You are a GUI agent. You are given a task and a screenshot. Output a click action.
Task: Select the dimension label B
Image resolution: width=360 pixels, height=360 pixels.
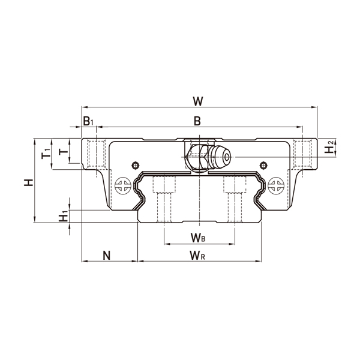197,121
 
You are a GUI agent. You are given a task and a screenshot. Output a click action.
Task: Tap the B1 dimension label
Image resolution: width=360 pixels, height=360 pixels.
88,121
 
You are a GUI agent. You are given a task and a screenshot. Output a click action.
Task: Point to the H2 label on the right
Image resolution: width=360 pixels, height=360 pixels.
329,148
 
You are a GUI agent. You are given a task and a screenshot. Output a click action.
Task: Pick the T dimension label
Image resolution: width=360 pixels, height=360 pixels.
63,151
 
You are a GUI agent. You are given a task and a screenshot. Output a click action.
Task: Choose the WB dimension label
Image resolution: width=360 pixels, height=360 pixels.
198,239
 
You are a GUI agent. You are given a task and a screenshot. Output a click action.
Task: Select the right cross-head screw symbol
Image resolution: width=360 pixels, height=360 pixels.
276,185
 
